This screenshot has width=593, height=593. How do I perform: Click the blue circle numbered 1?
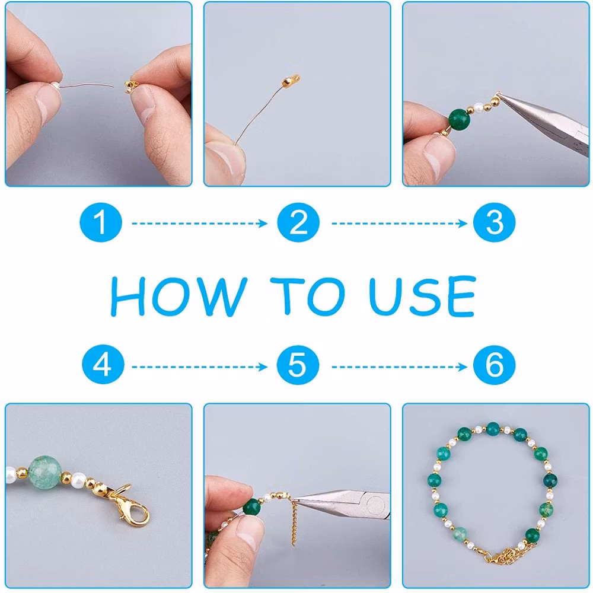[x=101, y=222]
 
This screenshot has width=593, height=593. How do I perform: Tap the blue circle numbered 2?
[x=298, y=222]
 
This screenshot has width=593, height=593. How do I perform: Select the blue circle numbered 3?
[x=495, y=222]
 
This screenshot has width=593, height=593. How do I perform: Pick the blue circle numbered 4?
[x=103, y=365]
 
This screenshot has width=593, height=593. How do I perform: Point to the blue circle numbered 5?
[x=298, y=365]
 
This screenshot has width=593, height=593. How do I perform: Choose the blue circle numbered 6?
[x=495, y=365]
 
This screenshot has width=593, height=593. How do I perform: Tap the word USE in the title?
[x=422, y=296]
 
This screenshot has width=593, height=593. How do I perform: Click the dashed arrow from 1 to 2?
[x=199, y=224]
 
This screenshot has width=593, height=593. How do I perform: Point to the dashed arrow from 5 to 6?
[x=399, y=367]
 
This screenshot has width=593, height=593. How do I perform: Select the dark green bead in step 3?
[x=460, y=119]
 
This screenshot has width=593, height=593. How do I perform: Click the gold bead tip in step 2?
[x=291, y=80]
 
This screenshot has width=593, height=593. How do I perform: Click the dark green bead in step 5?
[x=251, y=507]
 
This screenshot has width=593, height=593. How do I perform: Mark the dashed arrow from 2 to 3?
[x=399, y=224]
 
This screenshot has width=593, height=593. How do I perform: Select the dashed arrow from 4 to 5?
[x=199, y=367]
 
